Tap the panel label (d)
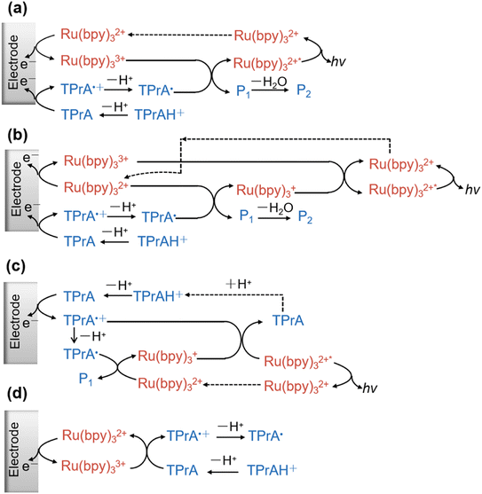pyautogui.click(x=18, y=394)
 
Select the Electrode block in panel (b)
pyautogui.click(x=21, y=191)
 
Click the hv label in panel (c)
pyautogui.click(x=370, y=388)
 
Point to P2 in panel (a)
pyautogui.click(x=304, y=91)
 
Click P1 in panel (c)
pyautogui.click(x=86, y=379)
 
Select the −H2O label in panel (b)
pyautogui.click(x=275, y=208)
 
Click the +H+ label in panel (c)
pyautogui.click(x=239, y=284)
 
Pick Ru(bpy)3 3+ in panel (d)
pyautogui.click(x=93, y=467)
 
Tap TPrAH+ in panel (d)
pyautogui.click(x=272, y=470)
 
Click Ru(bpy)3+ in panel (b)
pyautogui.click(x=266, y=191)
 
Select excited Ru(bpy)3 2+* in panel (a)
pyautogui.click(x=267, y=64)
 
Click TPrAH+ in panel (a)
pyautogui.click(x=159, y=114)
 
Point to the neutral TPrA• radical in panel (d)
pyautogui.click(x=265, y=436)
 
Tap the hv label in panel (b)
pyautogui.click(x=472, y=190)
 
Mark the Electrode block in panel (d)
pyautogui.click(x=21, y=451)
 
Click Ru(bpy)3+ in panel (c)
pyautogui.click(x=168, y=357)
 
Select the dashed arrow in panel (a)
pyautogui.click(x=179, y=35)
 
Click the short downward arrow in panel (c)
pyautogui.click(x=74, y=335)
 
